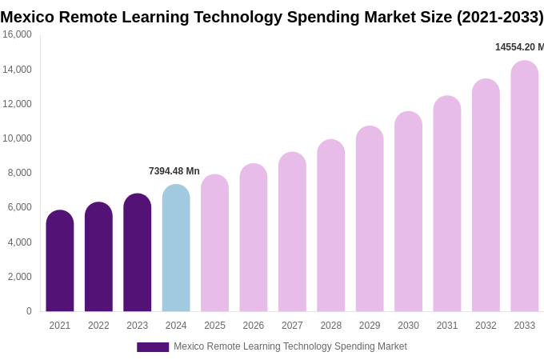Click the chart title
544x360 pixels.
tap(272, 17)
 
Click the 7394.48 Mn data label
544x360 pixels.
tap(174, 171)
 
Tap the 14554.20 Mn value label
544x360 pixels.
tap(518, 47)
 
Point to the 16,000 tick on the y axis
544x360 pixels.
tap(17, 34)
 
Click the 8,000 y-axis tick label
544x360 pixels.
tap(19, 173)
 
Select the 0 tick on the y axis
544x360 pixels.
tap(29, 311)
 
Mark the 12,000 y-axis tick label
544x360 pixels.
tap(17, 104)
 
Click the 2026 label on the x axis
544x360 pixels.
tap(254, 326)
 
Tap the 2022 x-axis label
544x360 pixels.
tap(98, 326)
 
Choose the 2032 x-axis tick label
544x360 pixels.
tap(486, 326)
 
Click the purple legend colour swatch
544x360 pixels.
tap(153, 347)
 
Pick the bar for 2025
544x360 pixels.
tap(214, 243)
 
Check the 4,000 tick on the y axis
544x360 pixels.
tap(19, 242)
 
